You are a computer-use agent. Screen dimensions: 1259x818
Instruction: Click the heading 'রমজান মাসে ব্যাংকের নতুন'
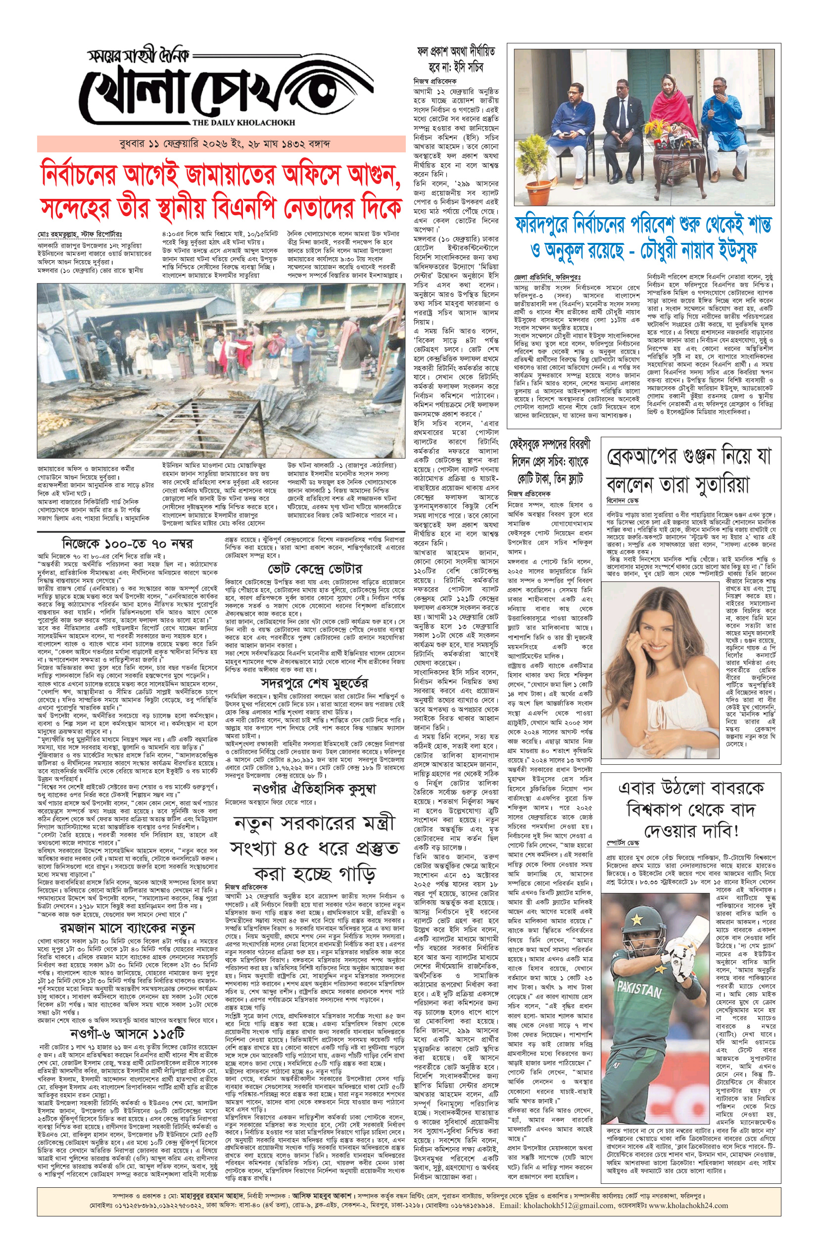click(127, 928)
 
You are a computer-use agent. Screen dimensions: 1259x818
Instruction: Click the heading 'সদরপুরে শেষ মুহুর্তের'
click(315, 683)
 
